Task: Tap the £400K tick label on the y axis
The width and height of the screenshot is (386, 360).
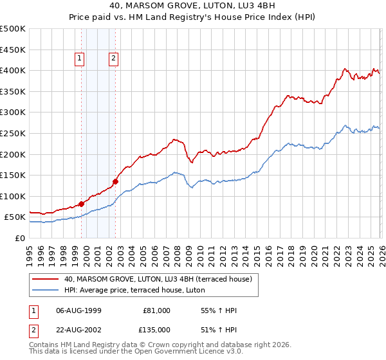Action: (x=13, y=70)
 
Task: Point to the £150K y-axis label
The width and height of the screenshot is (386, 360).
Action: (x=13, y=175)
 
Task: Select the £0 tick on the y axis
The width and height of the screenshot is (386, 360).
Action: (x=19, y=238)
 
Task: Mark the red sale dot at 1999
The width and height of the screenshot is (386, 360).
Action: (x=82, y=204)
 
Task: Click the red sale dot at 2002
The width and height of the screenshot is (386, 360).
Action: (x=116, y=181)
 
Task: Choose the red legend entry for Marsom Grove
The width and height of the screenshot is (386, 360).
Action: (x=161, y=279)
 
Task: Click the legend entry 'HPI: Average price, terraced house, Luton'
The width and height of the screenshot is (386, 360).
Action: (x=134, y=291)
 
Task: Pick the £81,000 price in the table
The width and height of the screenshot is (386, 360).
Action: (x=156, y=310)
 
